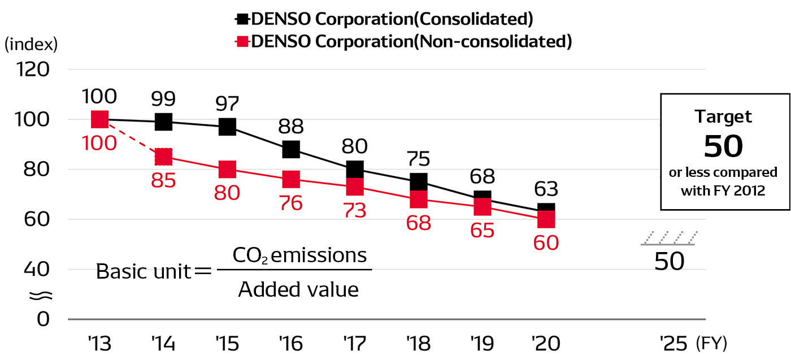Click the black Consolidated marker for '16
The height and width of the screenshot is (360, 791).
(291, 149)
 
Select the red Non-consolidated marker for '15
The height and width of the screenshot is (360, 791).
(227, 169)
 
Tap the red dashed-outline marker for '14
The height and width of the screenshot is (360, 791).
(163, 157)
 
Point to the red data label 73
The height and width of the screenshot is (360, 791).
(355, 211)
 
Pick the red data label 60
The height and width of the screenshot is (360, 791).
(546, 242)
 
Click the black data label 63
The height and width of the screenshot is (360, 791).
(546, 188)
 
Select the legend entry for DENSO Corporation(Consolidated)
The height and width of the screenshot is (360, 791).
(384, 19)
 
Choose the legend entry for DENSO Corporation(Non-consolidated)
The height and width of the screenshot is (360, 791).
(403, 41)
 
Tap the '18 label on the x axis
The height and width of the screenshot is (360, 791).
(419, 343)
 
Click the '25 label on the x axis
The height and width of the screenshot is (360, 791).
(673, 343)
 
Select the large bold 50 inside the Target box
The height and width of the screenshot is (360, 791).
(723, 146)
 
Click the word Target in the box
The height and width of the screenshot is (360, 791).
(723, 117)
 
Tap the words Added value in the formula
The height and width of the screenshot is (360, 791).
(298, 289)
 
